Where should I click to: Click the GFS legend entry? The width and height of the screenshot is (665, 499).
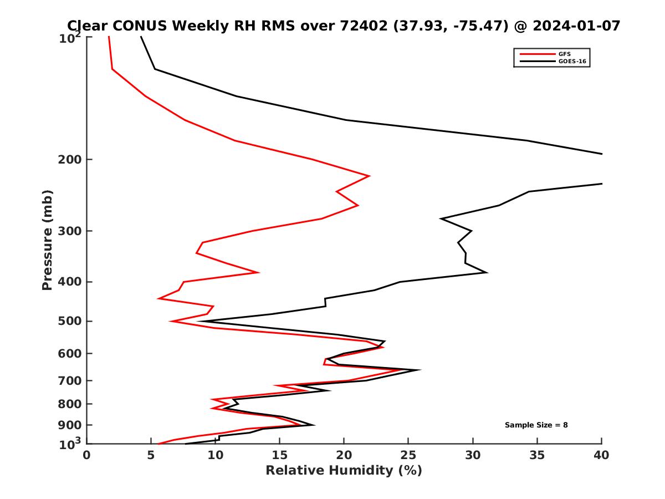click(566, 54)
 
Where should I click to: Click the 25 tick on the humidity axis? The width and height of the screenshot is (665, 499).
click(408, 456)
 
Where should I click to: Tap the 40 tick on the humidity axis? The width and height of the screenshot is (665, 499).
click(601, 456)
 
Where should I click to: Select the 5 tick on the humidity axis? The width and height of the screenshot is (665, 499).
click(151, 456)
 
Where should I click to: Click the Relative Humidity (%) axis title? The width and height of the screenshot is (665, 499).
click(344, 471)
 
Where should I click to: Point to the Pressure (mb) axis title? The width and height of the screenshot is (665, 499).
click(48, 240)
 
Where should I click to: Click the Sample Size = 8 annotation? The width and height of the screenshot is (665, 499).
click(536, 425)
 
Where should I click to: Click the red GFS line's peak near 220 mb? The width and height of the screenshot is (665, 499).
click(369, 176)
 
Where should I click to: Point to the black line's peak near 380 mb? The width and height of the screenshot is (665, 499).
click(487, 272)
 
